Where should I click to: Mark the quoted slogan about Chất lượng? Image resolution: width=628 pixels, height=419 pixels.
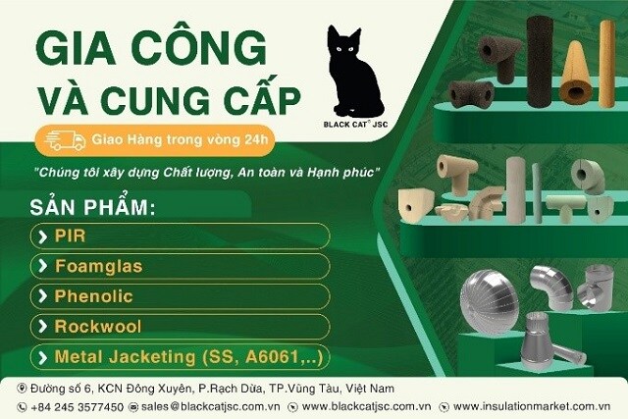(x=206, y=173)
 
